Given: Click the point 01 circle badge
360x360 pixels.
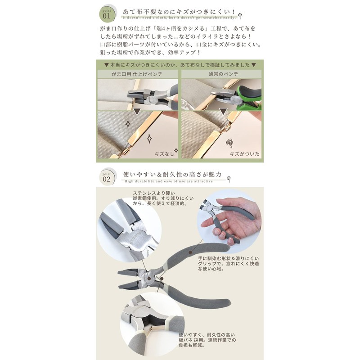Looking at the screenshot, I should click(x=107, y=13).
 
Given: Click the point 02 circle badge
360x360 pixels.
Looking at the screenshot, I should click(x=107, y=176).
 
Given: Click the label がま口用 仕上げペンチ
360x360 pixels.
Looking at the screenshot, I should click(x=138, y=72).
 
